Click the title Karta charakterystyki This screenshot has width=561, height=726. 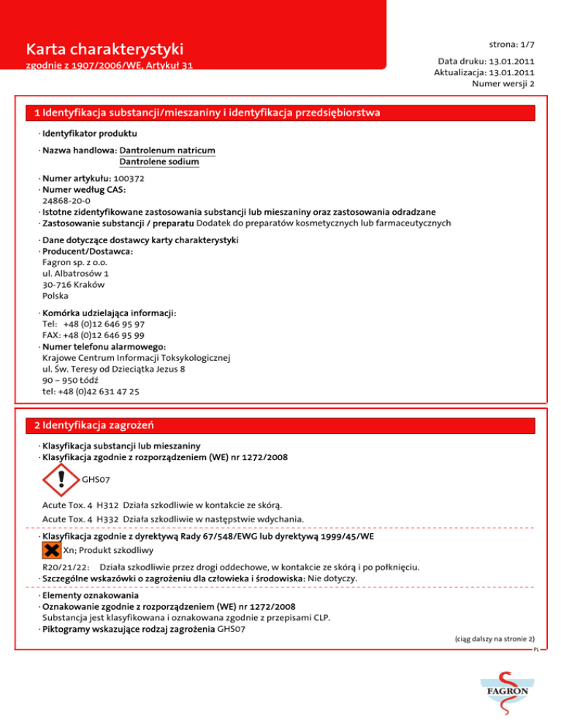104,50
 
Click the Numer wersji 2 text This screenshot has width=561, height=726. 504,84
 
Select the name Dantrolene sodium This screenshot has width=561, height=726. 159,161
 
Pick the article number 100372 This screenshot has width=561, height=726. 129,178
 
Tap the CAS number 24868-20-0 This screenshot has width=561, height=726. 66,200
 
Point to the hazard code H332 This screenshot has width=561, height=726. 107,519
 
